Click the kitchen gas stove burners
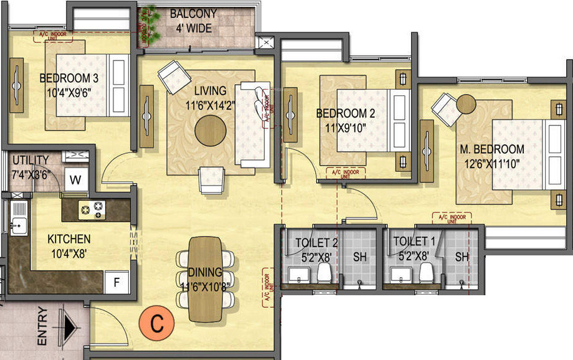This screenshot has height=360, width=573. point(92,209)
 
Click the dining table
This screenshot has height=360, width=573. point(206,280)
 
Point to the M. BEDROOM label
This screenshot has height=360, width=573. point(492,149)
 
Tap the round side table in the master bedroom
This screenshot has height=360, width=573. point(466,103)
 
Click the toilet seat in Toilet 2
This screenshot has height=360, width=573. point(323,272)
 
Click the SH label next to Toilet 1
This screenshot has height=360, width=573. point(461,257)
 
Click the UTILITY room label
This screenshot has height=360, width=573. point(31,160)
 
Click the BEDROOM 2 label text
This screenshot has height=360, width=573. point(345,113)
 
